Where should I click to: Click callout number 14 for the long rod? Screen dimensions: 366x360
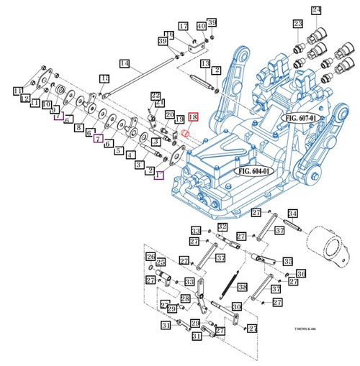coord(124,64)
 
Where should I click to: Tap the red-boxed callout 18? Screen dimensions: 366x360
coord(192,117)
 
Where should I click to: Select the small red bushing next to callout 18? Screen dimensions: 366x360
coord(185,134)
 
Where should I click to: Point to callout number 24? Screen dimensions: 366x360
coord(316,9)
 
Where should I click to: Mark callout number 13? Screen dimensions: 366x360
coord(205,65)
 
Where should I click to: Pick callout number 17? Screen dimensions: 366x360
coord(183,27)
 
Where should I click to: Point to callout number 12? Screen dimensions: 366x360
coord(25,98)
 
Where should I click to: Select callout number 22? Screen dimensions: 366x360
coord(155,96)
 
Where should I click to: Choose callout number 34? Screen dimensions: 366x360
coord(292,213)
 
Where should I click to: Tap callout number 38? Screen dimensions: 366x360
coord(243,286)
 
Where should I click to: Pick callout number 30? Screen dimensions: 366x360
coord(235,307)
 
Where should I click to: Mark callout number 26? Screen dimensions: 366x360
coord(150,257)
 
